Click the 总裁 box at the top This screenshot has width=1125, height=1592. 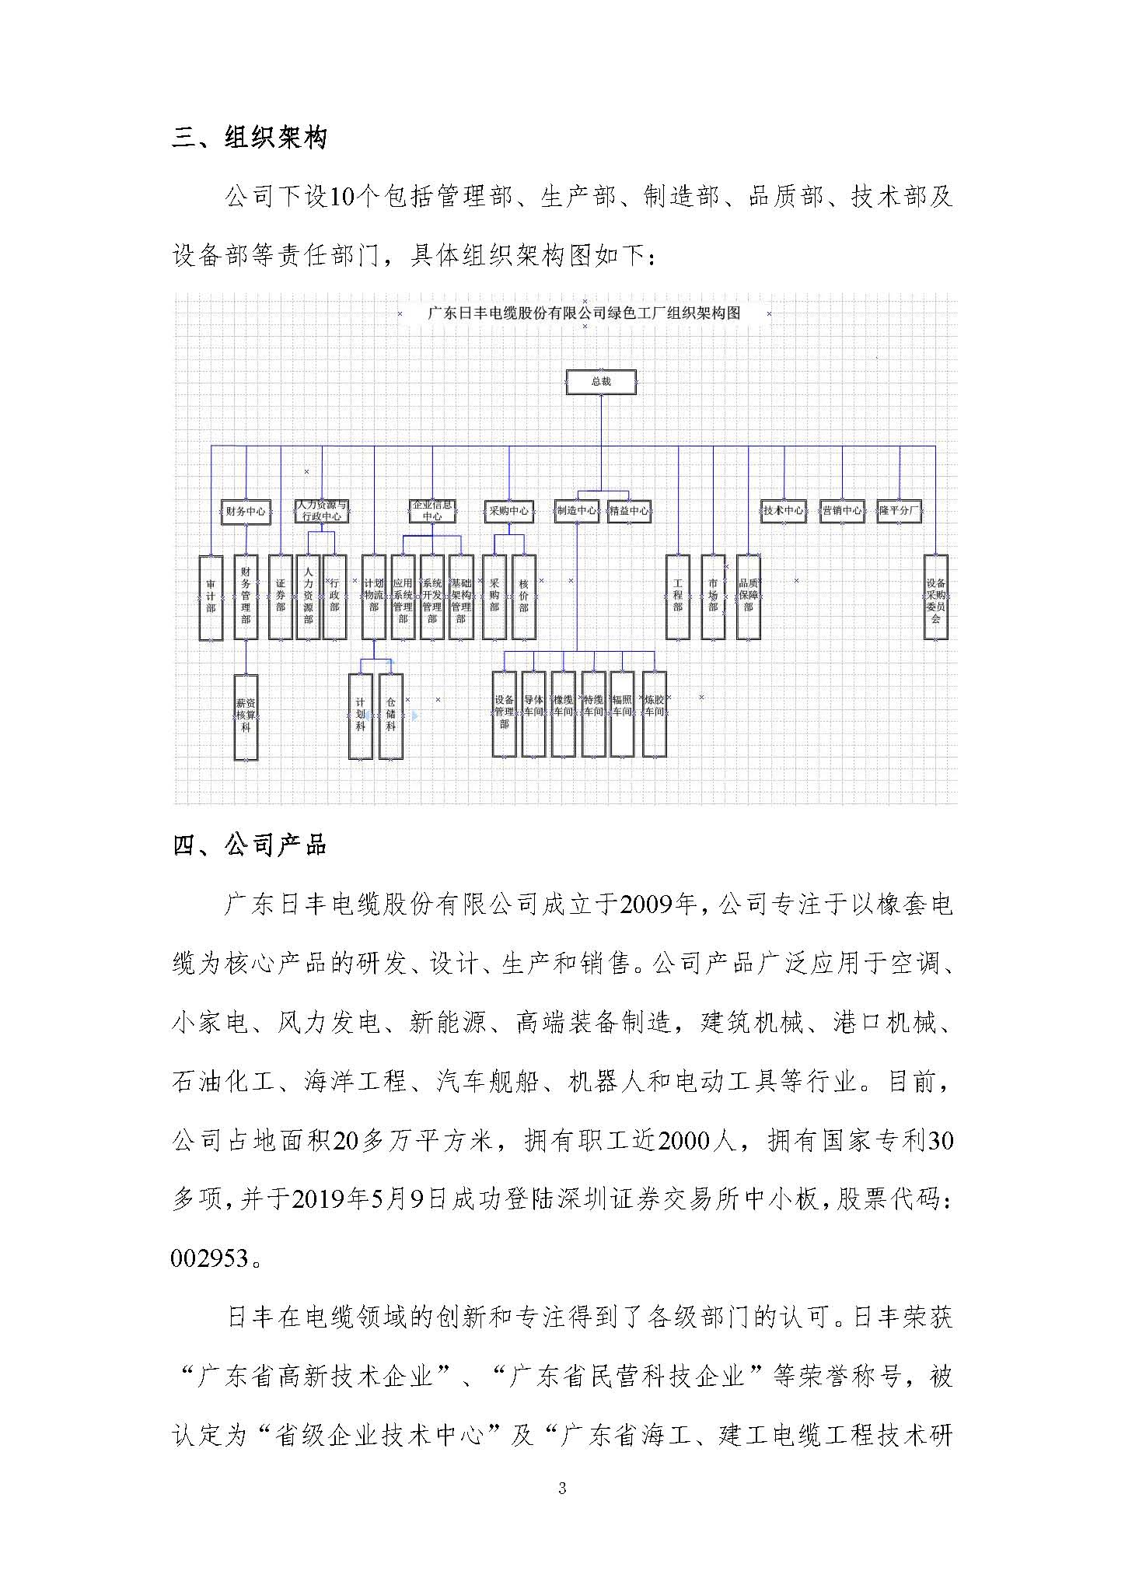pyautogui.click(x=601, y=382)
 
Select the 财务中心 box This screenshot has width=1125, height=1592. pyautogui.click(x=245, y=511)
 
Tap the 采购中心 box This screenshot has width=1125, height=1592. pyautogui.click(x=508, y=511)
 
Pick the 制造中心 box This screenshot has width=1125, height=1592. pyautogui.click(x=577, y=511)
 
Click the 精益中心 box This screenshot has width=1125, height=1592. pyautogui.click(x=629, y=511)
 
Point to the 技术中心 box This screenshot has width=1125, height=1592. pyautogui.click(x=783, y=511)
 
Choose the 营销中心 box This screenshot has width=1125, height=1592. pyautogui.click(x=842, y=511)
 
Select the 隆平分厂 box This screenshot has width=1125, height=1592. pyautogui.click(x=899, y=511)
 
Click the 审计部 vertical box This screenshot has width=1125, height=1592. pyautogui.click(x=211, y=597)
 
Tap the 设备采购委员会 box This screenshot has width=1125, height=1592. pyautogui.click(x=935, y=597)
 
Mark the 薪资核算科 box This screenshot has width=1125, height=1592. pyautogui.click(x=246, y=716)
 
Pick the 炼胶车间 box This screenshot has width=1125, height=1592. pyautogui.click(x=654, y=714)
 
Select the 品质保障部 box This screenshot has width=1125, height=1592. pyautogui.click(x=748, y=597)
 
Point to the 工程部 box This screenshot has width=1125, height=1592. pyautogui.click(x=678, y=597)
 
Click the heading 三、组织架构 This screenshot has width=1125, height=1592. pyautogui.click(x=250, y=138)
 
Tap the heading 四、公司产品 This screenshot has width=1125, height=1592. pyautogui.click(x=250, y=845)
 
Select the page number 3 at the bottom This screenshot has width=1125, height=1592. pyautogui.click(x=562, y=1489)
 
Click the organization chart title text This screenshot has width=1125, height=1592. pyautogui.click(x=584, y=313)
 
